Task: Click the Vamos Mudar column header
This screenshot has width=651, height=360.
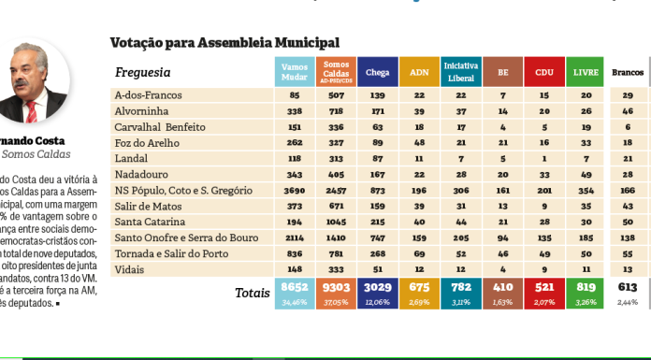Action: pos(295,72)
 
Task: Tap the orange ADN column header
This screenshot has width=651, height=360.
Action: pos(419,72)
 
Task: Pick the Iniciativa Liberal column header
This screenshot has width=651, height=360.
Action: pos(461,72)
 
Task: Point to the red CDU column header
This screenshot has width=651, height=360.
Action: pos(543,72)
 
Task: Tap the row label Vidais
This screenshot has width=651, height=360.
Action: pos(130,269)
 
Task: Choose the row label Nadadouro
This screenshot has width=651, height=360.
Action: pos(141,174)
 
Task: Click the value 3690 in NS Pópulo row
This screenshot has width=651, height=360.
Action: pos(294,190)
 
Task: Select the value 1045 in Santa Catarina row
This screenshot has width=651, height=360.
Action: pos(335,222)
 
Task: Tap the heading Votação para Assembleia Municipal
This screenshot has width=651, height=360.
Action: pos(224,42)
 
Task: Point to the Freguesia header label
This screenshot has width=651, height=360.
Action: pos(142,72)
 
